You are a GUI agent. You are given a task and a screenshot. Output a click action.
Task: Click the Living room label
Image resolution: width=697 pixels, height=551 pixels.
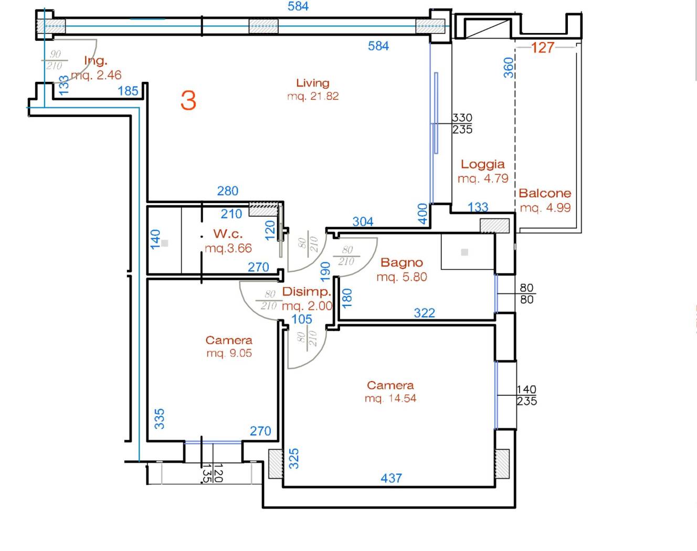pos(313,83)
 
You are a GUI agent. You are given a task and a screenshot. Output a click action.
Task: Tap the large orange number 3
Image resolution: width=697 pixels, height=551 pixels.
pos(188,100)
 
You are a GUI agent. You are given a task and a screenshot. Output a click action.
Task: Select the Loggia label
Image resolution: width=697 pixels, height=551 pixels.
pos(482,164)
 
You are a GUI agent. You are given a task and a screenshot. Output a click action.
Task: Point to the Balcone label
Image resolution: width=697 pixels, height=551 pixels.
pos(545,194)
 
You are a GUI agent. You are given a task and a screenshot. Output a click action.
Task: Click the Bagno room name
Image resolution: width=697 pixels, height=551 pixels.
pos(402,262)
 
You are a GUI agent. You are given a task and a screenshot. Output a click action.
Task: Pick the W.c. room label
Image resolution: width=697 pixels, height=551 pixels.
pos(228,234)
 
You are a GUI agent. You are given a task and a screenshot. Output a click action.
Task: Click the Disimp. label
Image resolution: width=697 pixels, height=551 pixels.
pos(307,292)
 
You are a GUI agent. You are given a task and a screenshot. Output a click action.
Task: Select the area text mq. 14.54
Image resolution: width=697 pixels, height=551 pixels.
pos(390,398)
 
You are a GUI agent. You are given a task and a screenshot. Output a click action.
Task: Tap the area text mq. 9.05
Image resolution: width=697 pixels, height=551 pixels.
pos(229,353)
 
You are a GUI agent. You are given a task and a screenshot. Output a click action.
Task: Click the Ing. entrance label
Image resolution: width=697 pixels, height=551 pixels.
pos(96,60)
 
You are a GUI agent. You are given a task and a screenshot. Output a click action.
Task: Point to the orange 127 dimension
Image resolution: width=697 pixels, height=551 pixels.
pos(543,48)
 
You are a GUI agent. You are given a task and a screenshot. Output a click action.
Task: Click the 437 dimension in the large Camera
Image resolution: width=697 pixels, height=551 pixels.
pos(391,478)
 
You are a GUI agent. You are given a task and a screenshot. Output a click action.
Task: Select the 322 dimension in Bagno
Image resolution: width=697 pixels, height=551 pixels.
pos(424,313)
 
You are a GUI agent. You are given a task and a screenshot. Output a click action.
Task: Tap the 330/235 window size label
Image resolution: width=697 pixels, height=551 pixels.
pos(462,123)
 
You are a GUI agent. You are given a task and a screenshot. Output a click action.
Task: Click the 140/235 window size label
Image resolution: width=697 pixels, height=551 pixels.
pos(526,395)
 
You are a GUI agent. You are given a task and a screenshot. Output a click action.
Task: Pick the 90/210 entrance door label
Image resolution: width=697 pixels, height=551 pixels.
pos(55,60)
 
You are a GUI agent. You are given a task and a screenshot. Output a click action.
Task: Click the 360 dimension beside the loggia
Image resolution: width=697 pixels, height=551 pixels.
pos(509,68)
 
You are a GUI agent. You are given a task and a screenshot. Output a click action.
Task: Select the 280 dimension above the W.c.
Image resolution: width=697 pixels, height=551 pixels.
pos(227,191)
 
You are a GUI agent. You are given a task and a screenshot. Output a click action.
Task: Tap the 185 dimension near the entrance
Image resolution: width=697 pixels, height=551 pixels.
pos(128,91)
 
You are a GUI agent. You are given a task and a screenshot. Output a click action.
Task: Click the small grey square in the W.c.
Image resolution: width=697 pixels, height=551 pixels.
pos(164,243)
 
